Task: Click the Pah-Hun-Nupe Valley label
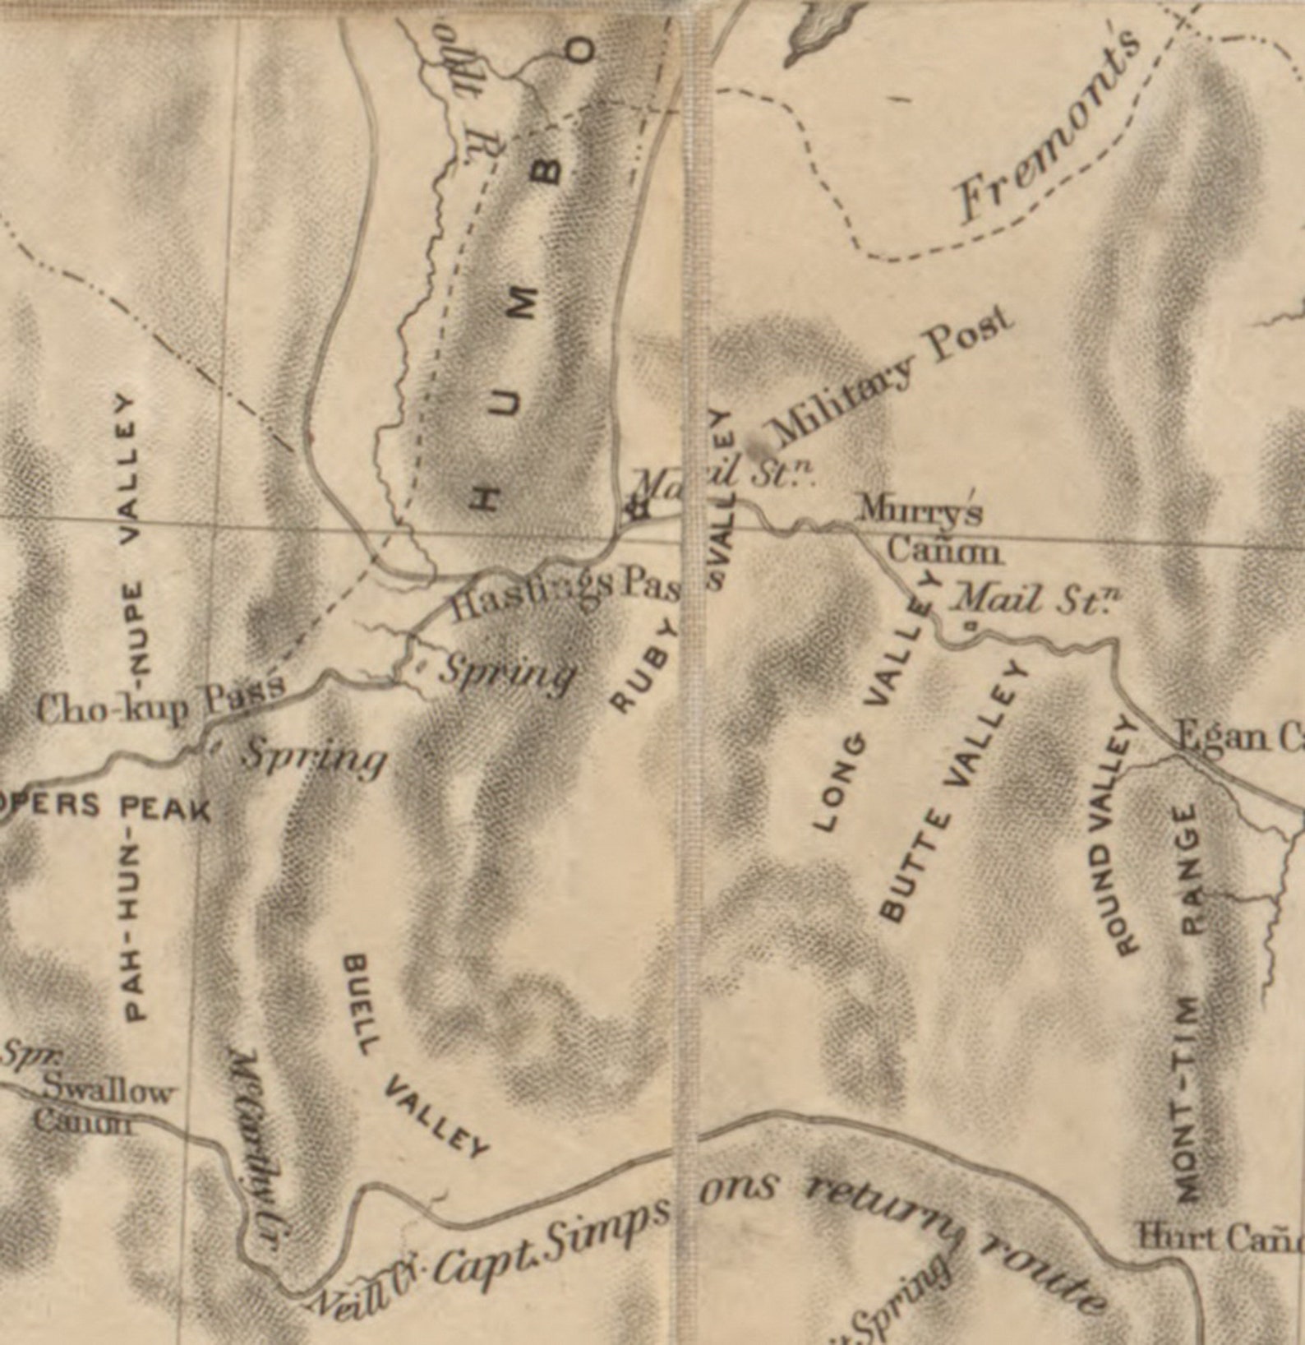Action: pos(135,707)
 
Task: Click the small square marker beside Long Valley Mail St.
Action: pos(971,626)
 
